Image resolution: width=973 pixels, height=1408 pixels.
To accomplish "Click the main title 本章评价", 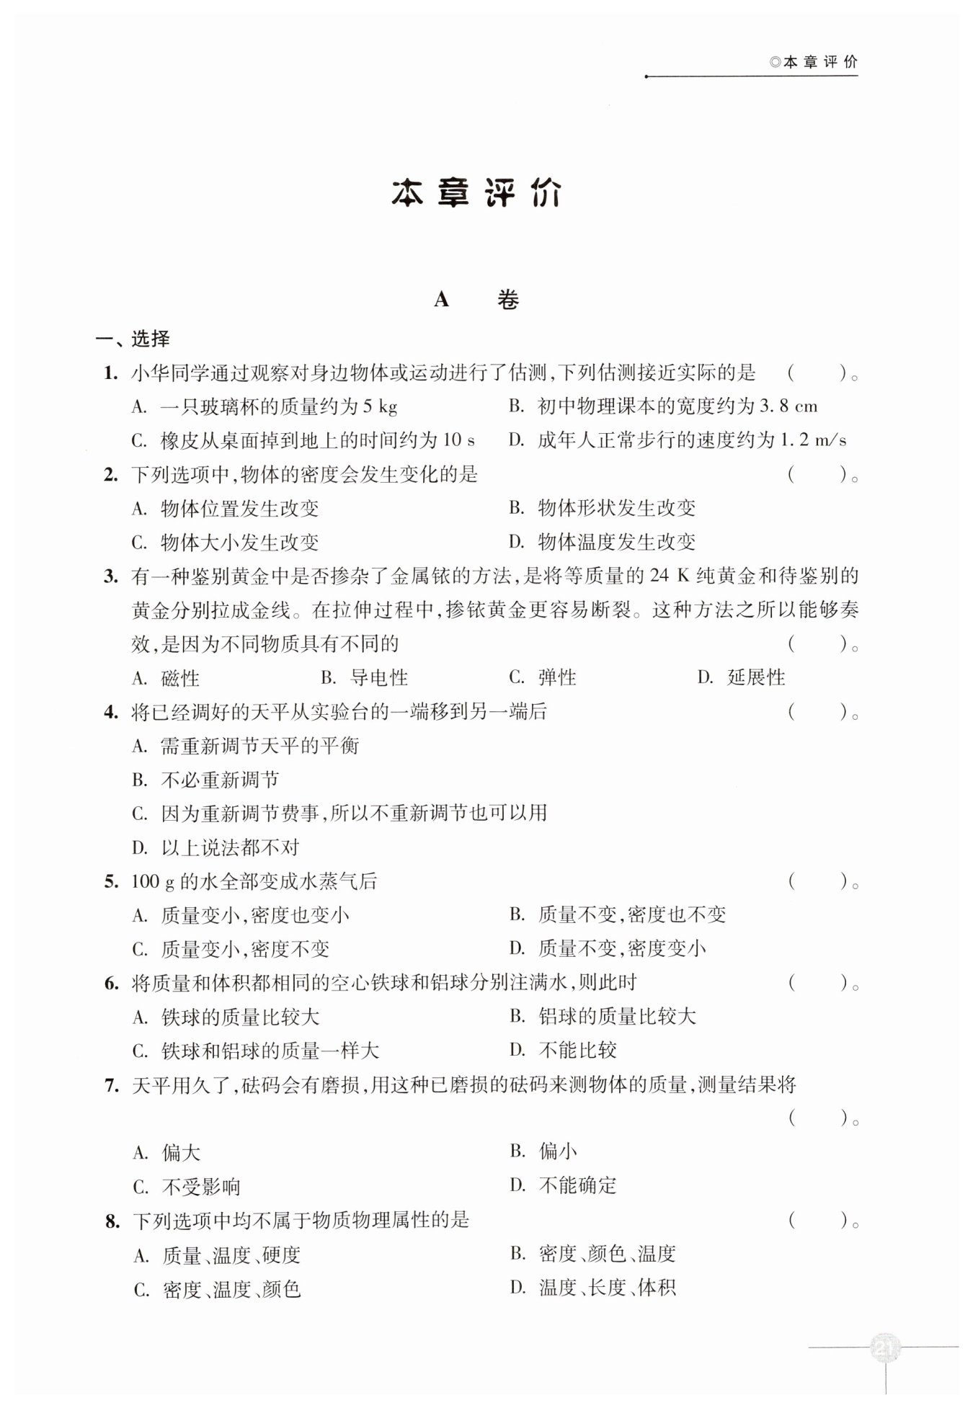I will [476, 194].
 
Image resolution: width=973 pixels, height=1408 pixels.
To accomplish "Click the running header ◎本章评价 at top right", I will [814, 62].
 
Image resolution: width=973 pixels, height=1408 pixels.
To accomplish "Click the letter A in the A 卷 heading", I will [442, 300].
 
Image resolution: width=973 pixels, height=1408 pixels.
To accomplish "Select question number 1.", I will [110, 373].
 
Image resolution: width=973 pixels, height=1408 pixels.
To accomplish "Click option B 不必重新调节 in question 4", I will [206, 780].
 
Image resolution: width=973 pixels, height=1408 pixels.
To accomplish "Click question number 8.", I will [112, 1221].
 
